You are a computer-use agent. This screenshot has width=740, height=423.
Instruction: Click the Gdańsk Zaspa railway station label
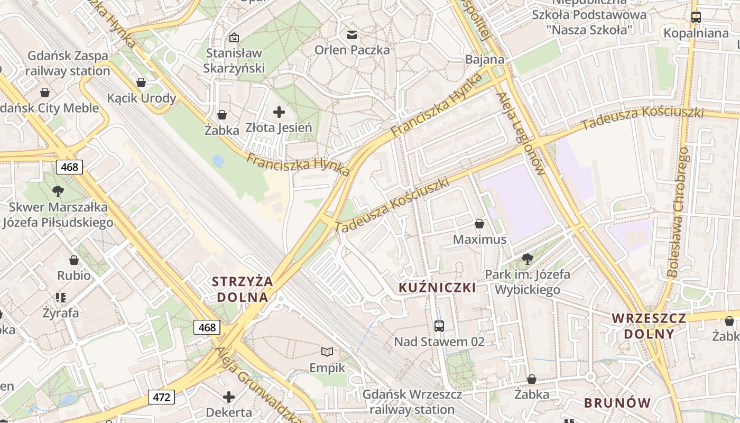pyautogui.click(x=68, y=63)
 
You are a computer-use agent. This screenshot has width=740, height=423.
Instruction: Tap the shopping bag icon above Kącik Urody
pyautogui.click(x=141, y=82)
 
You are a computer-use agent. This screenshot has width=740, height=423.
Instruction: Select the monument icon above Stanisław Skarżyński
pyautogui.click(x=234, y=38)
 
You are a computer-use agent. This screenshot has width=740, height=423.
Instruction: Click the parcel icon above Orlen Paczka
pyautogui.click(x=351, y=35)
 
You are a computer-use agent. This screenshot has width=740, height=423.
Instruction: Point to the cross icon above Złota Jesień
pyautogui.click(x=279, y=112)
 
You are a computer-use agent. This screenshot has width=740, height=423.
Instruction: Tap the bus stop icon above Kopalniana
pyautogui.click(x=696, y=17)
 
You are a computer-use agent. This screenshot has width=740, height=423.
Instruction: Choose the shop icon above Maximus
pyautogui.click(x=479, y=224)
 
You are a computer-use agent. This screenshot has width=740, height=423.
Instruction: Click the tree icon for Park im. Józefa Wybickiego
pyautogui.click(x=527, y=259)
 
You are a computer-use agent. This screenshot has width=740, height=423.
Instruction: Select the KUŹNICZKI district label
pyautogui.click(x=437, y=288)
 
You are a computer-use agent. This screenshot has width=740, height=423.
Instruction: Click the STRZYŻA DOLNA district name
pyautogui.click(x=243, y=289)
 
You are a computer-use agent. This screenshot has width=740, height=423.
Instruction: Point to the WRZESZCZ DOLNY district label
pyautogui.click(x=649, y=326)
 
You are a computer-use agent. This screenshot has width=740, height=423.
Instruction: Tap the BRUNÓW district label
pyautogui.click(x=617, y=402)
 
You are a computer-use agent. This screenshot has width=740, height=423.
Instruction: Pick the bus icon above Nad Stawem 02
pyautogui.click(x=439, y=326)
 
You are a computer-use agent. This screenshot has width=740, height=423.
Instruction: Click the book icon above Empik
pyautogui.click(x=327, y=352)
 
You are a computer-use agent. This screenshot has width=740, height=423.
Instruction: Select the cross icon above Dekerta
pyautogui.click(x=229, y=397)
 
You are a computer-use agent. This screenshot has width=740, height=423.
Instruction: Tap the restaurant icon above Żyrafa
pyautogui.click(x=61, y=298)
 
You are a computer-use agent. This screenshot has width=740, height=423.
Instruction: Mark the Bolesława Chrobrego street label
pyautogui.click(x=678, y=212)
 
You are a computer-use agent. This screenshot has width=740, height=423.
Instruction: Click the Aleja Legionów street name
pyautogui.click(x=521, y=134)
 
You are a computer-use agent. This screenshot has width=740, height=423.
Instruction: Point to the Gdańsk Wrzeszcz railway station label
pyautogui.click(x=412, y=402)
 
